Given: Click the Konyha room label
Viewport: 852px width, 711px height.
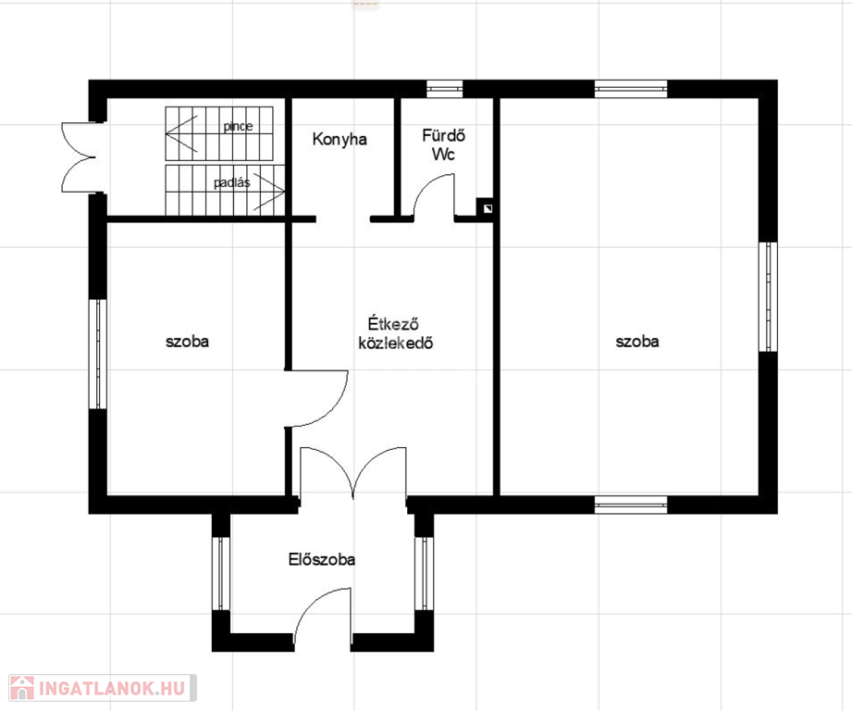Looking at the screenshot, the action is (340, 140).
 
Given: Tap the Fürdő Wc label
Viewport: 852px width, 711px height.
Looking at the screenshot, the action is (443, 144).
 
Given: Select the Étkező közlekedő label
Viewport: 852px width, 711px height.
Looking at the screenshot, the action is (396, 332).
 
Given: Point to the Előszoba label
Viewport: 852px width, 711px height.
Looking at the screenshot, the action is (322, 559).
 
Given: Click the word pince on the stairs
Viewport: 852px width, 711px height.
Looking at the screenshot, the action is (238, 127).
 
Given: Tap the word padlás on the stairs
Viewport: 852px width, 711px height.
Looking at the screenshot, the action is (232, 182).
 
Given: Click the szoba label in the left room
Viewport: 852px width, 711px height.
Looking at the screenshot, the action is (187, 342).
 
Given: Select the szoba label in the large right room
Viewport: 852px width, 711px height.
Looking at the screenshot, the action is (637, 342).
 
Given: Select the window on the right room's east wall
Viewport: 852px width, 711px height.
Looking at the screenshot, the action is (768, 297).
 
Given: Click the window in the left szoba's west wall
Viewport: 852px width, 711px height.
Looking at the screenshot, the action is (98, 354).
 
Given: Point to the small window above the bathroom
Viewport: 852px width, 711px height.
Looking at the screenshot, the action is (444, 89).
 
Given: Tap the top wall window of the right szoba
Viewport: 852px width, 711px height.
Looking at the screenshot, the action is (631, 89).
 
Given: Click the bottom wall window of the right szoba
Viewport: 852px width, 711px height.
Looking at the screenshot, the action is (631, 505).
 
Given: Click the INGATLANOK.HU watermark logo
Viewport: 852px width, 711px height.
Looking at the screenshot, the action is (103, 688).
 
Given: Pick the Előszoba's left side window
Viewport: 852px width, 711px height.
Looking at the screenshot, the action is (221, 573).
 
